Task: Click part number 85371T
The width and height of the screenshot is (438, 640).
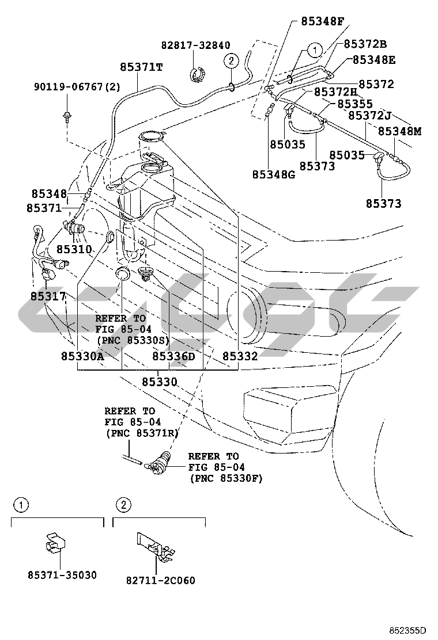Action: (x=141, y=67)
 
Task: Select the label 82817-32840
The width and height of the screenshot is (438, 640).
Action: (x=195, y=45)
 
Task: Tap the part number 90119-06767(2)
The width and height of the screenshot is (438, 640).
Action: (x=77, y=87)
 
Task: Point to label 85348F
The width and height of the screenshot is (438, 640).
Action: (x=322, y=22)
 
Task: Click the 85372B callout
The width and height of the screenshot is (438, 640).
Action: (x=365, y=44)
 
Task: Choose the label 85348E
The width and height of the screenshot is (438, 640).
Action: (x=373, y=59)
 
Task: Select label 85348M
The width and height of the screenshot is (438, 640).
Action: (x=399, y=131)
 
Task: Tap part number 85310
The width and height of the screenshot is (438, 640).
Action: (x=74, y=250)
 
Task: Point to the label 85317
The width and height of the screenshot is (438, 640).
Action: (x=48, y=296)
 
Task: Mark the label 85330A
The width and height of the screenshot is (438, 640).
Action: (x=82, y=356)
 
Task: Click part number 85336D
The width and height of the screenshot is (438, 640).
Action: (x=173, y=356)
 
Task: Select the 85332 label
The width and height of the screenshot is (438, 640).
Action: (x=240, y=356)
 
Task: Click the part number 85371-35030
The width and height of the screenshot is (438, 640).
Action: (x=62, y=575)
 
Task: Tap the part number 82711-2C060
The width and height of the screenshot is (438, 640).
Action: (x=161, y=580)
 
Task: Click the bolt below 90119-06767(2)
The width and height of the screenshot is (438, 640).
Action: (x=67, y=117)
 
